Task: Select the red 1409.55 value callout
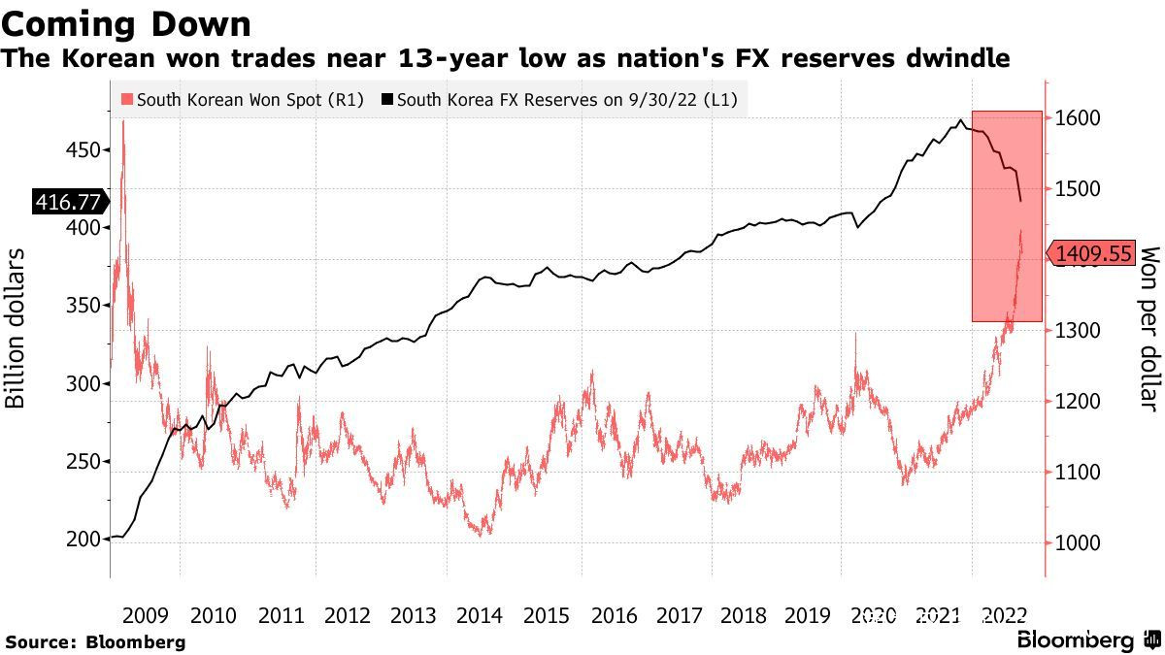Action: pyautogui.click(x=1093, y=254)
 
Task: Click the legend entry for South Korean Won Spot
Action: pyautogui.click(x=242, y=99)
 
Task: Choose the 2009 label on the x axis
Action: pyautogui.click(x=146, y=615)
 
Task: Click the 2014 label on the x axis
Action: pyautogui.click(x=479, y=615)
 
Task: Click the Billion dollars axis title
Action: pyautogui.click(x=17, y=328)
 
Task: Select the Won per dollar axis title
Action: pyautogui.click(x=1148, y=328)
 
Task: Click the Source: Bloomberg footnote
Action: pyautogui.click(x=94, y=641)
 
